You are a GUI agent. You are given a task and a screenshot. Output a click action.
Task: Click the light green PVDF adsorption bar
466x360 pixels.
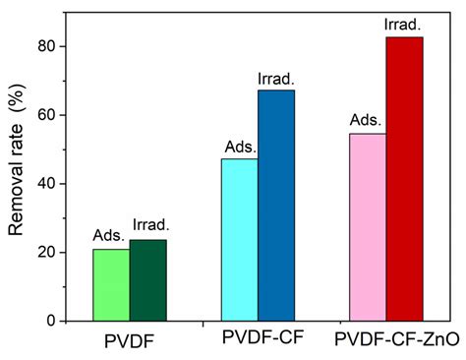tap(111, 285)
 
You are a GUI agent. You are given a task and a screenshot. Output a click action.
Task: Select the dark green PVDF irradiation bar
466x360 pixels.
tap(147, 280)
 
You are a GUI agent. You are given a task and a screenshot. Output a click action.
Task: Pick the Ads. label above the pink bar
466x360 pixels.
tap(365, 121)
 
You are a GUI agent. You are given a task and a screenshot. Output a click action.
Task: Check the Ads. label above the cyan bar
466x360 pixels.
tap(237, 146)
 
